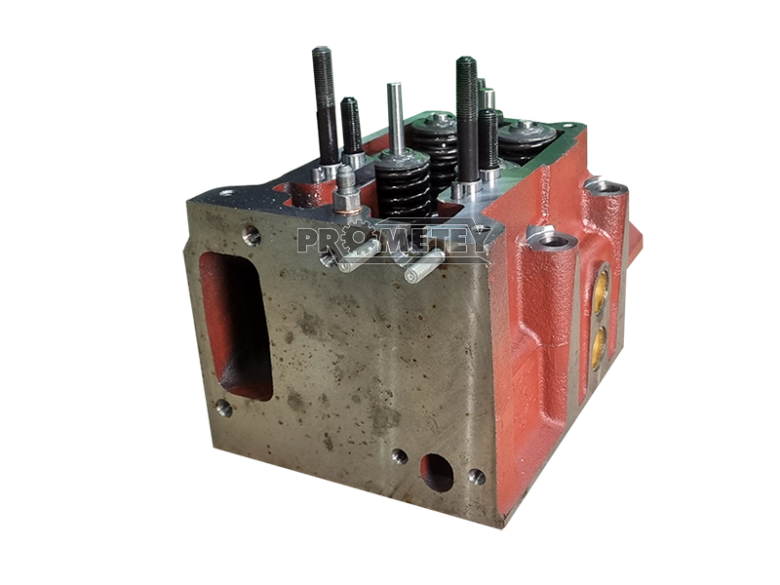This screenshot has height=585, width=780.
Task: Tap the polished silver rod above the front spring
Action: click(x=396, y=119)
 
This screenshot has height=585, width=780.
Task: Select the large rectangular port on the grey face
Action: click(x=236, y=326)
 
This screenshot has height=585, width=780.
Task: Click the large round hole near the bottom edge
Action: click(x=437, y=472)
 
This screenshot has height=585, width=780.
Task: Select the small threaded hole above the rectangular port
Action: click(x=252, y=235)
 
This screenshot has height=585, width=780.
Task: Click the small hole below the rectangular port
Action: click(x=223, y=409)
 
